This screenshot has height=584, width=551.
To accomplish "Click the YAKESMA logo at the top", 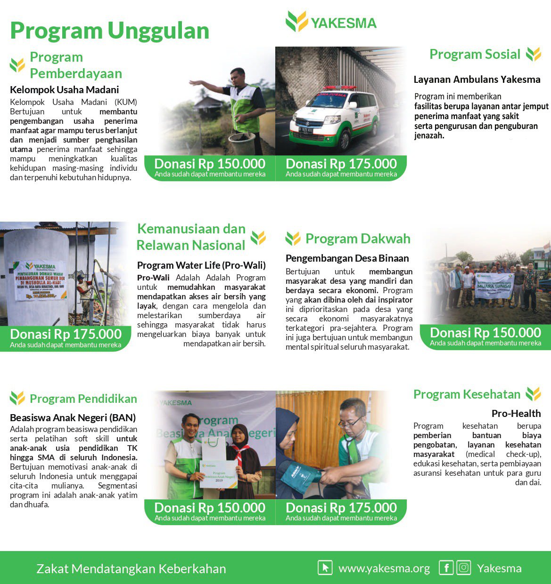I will [331, 22].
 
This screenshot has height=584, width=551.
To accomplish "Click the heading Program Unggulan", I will [109, 31].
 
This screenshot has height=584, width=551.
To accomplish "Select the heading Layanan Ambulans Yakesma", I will [477, 80].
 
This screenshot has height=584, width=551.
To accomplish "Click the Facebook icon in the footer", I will [446, 568].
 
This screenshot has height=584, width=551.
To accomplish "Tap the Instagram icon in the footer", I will [464, 568].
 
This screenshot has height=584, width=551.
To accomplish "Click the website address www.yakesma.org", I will [384, 568].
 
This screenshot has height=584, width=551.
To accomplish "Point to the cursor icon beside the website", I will [325, 568].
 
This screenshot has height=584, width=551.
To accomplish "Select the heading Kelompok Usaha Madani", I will [64, 89].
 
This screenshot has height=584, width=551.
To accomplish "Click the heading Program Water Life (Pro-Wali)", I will [201, 265].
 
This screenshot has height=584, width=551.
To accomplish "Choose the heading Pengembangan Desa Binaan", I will [347, 258].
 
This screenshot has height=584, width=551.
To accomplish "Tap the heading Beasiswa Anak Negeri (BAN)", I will [73, 417].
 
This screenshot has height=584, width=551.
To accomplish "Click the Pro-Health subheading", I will [516, 413].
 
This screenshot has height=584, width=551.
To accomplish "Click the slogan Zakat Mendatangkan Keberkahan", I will [131, 568].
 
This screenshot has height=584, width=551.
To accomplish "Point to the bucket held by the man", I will [242, 144].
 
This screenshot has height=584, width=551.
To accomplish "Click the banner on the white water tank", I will [41, 280].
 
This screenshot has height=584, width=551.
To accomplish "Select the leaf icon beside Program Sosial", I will [534, 54].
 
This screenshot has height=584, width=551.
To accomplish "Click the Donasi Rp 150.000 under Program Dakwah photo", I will [485, 333].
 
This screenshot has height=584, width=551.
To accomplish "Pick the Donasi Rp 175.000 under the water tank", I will [66, 335].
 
